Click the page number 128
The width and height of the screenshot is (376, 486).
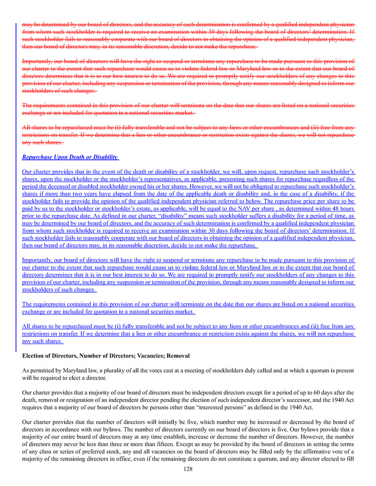188,469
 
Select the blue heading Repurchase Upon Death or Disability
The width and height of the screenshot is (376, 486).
70,157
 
